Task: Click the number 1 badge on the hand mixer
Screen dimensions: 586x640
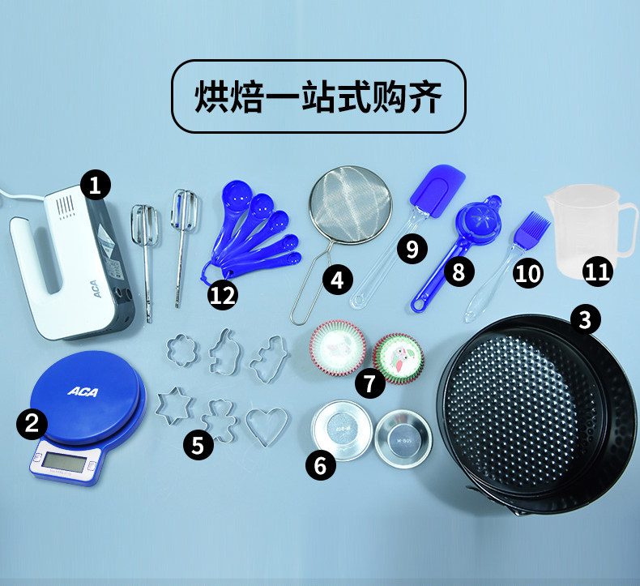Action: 96,186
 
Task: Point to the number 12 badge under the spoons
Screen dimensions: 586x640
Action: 223,295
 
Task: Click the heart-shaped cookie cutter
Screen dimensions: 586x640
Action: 267,426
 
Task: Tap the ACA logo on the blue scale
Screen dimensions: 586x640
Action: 83,392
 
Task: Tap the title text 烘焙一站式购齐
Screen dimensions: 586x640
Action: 319,96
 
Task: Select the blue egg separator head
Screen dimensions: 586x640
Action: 476,222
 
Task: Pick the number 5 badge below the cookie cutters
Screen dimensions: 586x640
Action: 198,443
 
